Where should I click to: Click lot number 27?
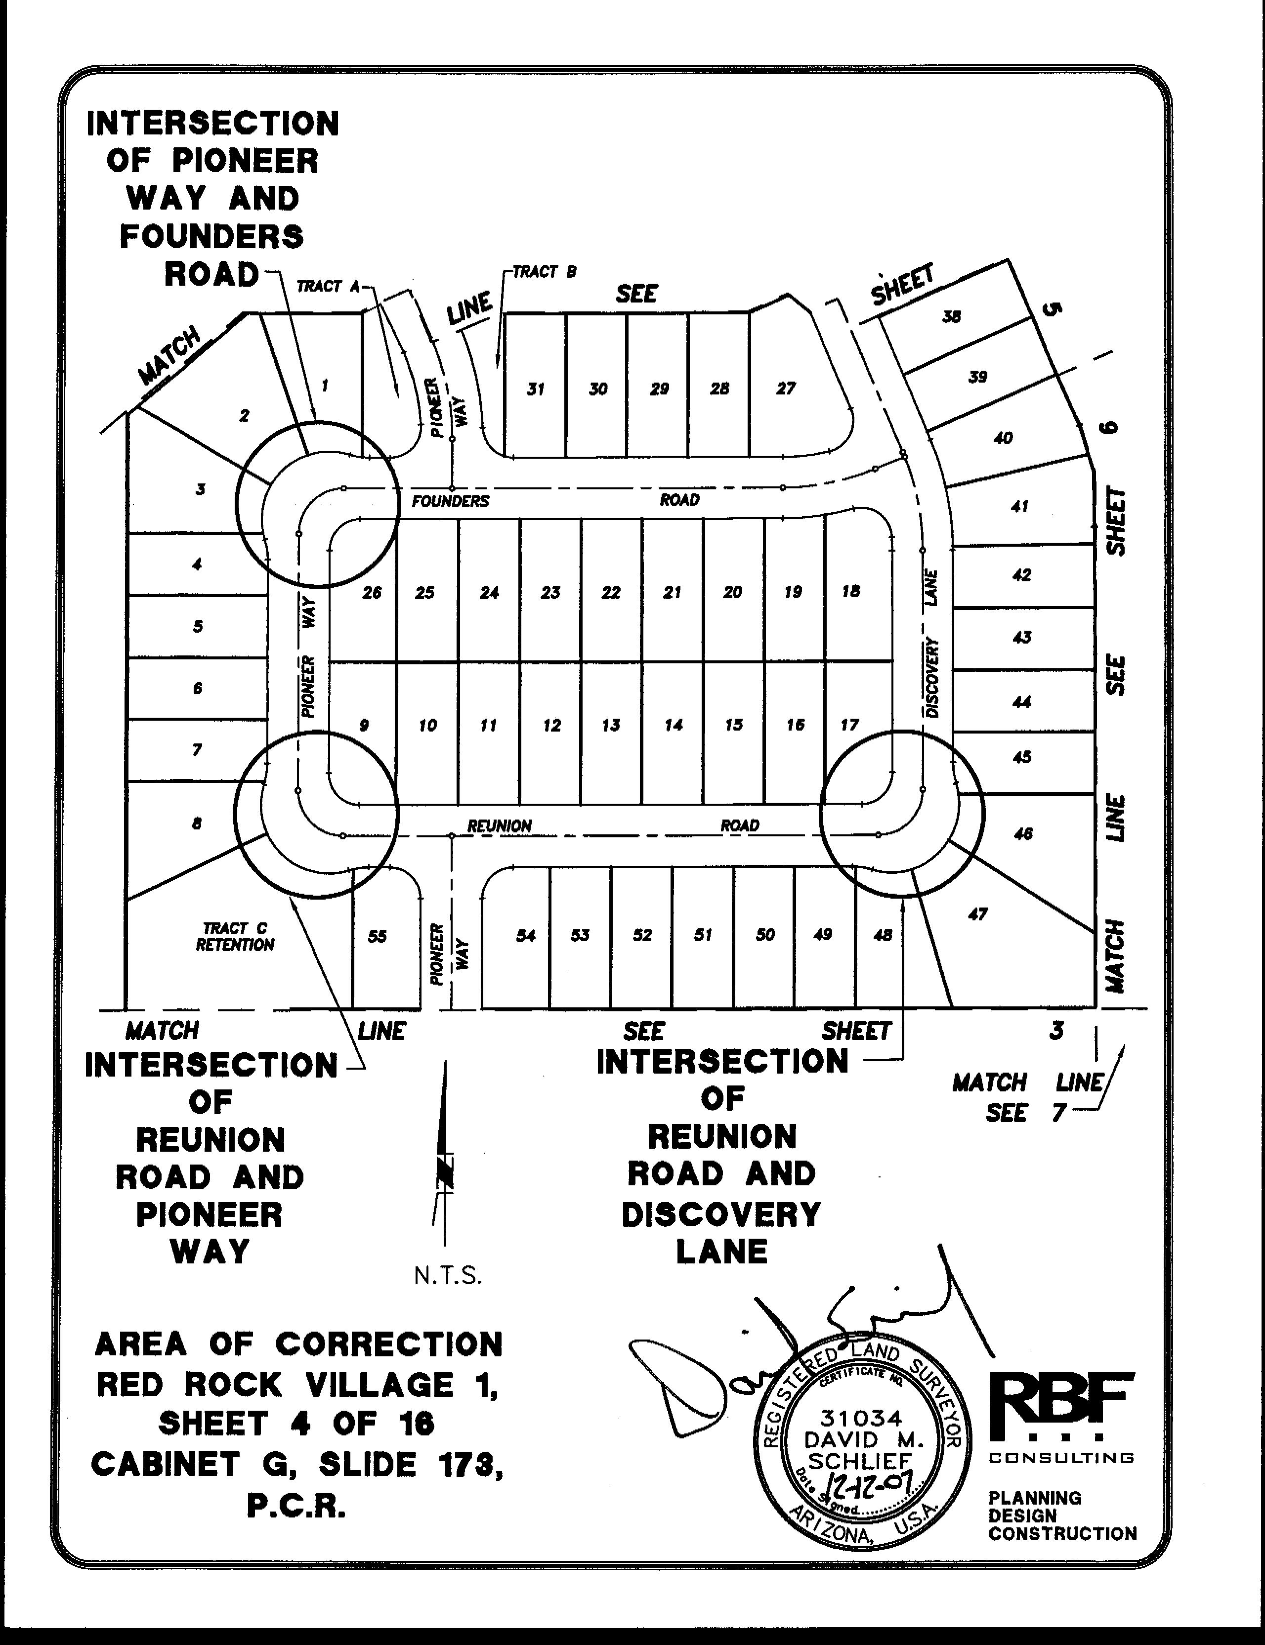(x=785, y=389)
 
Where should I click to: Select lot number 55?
(x=377, y=936)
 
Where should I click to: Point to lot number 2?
(x=244, y=416)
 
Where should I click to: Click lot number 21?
(x=672, y=593)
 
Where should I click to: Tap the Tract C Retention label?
(x=235, y=937)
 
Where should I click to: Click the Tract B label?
(x=545, y=272)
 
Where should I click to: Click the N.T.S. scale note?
(x=447, y=1276)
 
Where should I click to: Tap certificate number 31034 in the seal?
(x=861, y=1418)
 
